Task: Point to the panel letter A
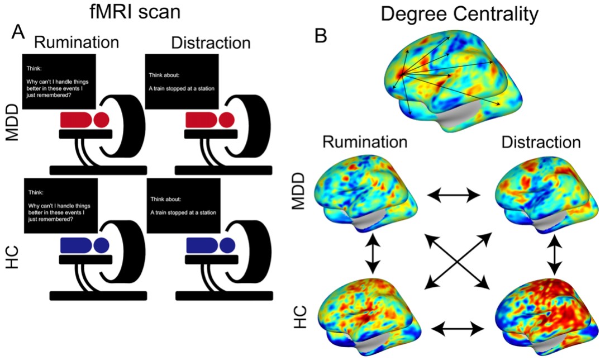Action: click(x=18, y=33)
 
